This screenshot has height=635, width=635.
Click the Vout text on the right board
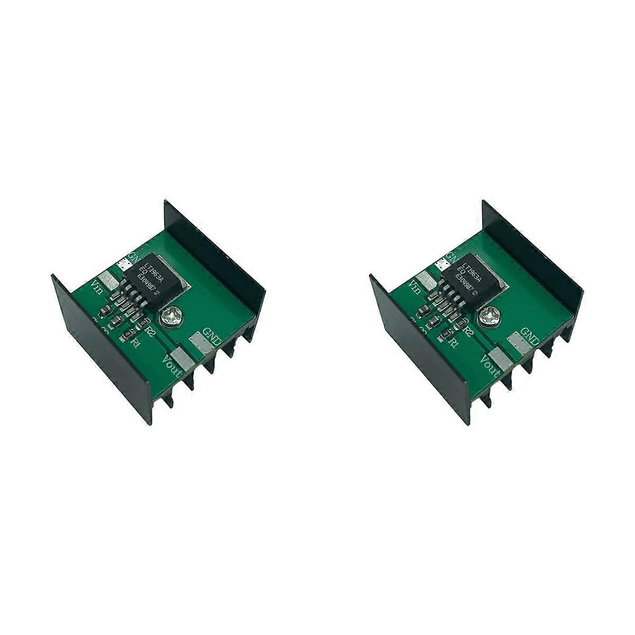[485, 365]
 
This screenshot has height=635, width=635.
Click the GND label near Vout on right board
[531, 334]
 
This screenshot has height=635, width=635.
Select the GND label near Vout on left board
[217, 334]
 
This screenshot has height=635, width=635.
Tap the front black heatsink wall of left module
[98, 339]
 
